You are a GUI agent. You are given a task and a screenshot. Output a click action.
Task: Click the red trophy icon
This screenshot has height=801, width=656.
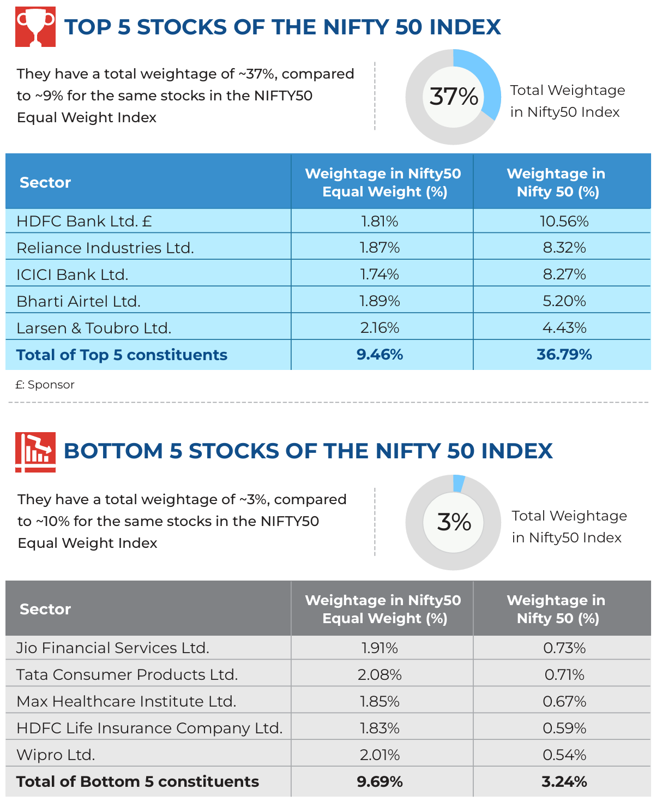(x=35, y=27)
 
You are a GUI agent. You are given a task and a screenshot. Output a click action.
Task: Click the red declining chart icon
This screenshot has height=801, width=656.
(x=35, y=452)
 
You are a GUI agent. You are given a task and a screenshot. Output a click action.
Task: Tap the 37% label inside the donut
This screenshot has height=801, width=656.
(x=453, y=96)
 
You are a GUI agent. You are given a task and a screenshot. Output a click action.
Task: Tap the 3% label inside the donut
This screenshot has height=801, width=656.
(x=454, y=522)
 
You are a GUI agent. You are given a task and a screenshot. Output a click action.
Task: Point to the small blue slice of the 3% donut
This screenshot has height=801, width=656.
(x=459, y=483)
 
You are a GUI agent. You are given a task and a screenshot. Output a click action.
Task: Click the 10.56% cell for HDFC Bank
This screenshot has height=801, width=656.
(x=564, y=221)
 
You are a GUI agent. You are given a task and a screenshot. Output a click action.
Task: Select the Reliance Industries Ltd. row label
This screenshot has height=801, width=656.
(x=105, y=248)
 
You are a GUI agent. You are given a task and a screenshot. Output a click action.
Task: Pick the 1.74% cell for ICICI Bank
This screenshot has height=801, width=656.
(x=379, y=274)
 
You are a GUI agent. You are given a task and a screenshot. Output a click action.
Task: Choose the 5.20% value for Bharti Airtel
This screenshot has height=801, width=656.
(x=564, y=301)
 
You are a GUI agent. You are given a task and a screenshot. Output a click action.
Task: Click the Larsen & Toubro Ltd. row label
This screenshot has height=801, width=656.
(x=94, y=328)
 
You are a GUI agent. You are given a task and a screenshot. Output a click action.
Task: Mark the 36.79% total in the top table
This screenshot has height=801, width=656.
(x=564, y=354)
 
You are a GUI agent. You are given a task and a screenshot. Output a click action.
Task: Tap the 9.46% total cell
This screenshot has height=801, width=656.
(x=380, y=354)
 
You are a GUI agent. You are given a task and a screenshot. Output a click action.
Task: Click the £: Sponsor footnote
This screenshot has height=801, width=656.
(x=45, y=384)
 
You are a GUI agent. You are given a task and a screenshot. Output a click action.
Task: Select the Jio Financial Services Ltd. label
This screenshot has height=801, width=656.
(x=113, y=648)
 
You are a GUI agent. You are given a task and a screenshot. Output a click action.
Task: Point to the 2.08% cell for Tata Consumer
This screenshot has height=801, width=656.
(x=380, y=674)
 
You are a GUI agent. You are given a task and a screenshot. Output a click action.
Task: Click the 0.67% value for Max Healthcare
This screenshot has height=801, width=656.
(x=564, y=701)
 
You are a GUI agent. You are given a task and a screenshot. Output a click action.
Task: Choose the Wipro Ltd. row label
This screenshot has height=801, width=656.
(x=56, y=755)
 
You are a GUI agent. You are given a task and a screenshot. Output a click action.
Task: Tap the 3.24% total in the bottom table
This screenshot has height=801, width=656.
(x=564, y=782)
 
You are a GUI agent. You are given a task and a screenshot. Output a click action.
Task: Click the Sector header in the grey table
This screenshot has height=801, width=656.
(x=45, y=609)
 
